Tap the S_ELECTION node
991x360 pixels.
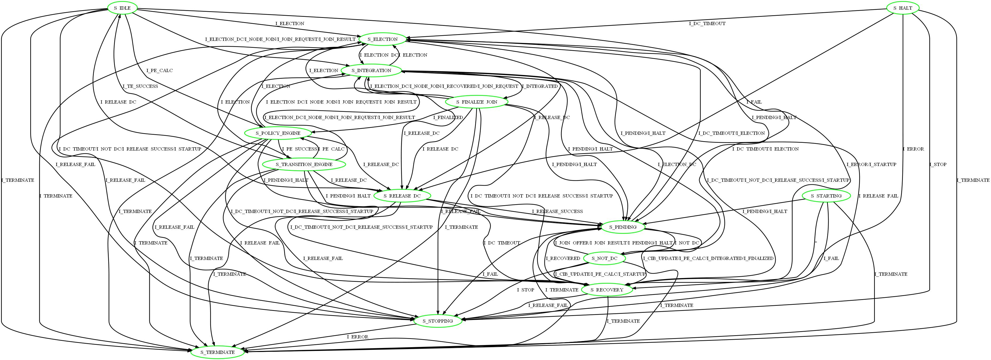382,39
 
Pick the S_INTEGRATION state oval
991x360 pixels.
371,70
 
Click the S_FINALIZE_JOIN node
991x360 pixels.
477,102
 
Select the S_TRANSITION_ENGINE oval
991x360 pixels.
304,165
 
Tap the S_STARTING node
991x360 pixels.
826,196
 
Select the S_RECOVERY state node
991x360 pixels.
607,290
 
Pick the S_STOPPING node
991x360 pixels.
438,321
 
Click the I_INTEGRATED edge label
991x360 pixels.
539,86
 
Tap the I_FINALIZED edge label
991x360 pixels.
448,117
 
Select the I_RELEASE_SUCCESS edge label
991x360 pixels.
557,211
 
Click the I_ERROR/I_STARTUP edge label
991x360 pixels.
871,164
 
